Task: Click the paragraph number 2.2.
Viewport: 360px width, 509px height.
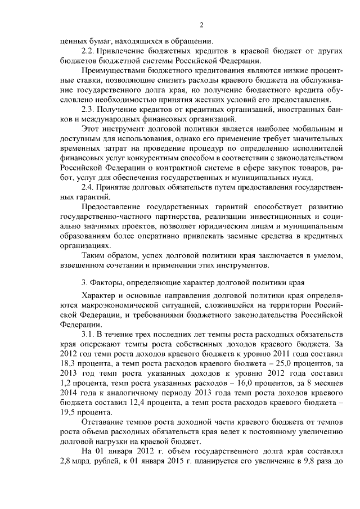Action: click(x=89, y=51)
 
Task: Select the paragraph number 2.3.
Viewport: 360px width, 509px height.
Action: click(x=89, y=109)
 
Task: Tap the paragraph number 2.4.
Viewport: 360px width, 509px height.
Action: click(x=89, y=186)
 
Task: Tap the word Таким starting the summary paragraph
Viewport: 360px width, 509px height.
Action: click(x=94, y=255)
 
